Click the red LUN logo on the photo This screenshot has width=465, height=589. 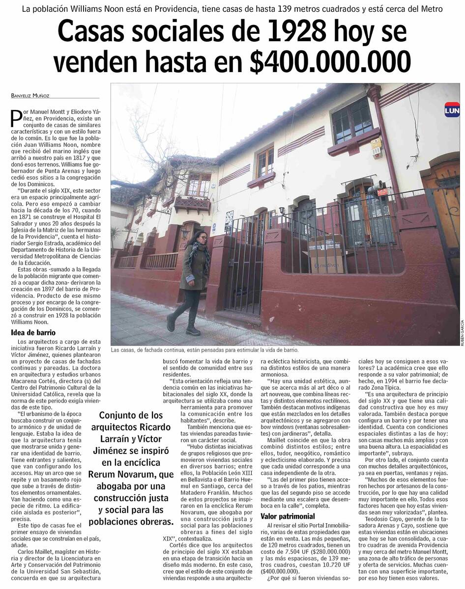[x=452, y=110]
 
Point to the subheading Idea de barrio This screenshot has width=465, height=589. [x=33, y=333]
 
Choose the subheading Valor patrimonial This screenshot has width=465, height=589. [x=288, y=516]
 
